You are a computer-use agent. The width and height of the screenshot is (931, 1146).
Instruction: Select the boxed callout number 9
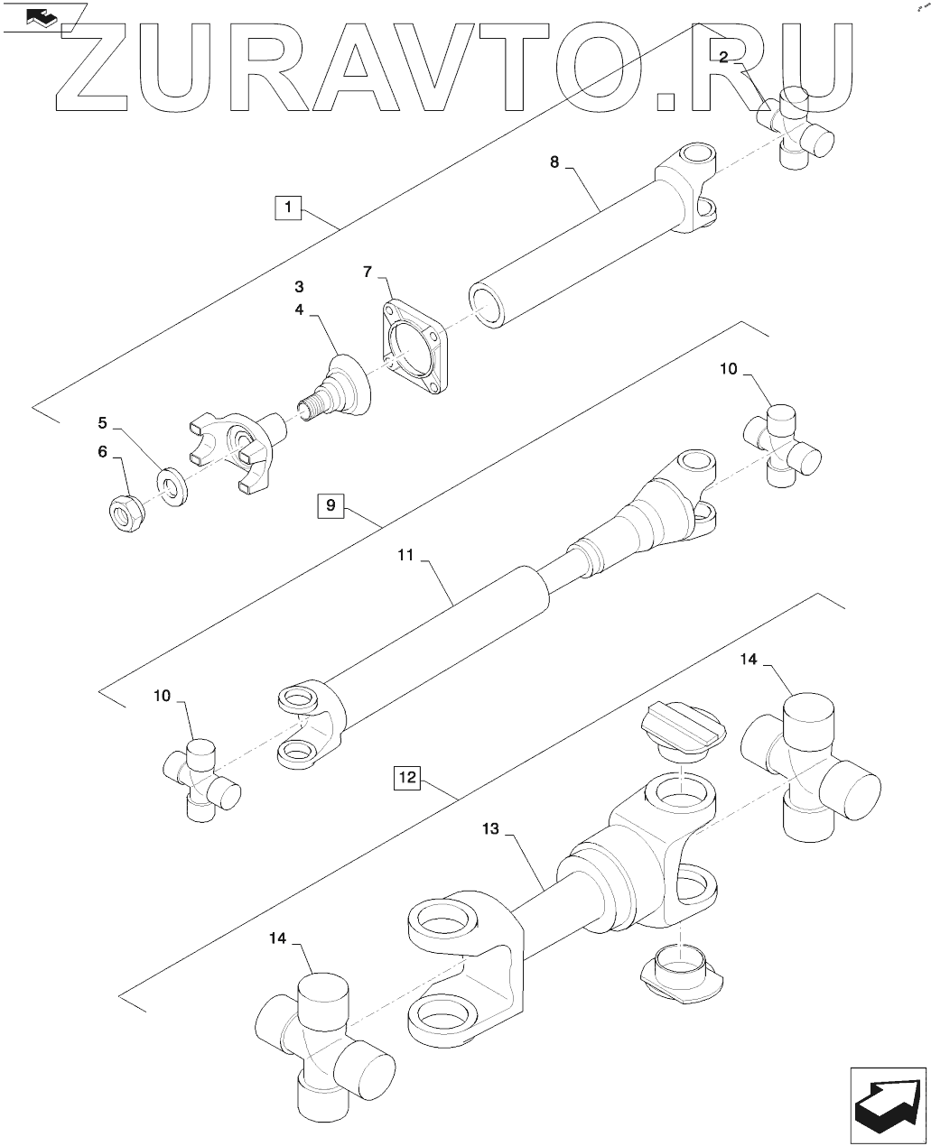point(331,506)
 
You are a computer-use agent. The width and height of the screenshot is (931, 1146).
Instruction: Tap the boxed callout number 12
point(407,777)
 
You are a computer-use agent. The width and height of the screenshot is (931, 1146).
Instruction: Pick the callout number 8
point(554,162)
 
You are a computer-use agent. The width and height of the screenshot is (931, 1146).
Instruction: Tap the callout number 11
point(404,557)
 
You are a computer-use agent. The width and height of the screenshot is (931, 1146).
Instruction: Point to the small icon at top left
point(42,18)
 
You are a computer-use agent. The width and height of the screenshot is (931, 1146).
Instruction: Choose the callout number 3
point(298,286)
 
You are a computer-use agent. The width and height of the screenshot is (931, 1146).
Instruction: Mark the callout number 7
point(368,271)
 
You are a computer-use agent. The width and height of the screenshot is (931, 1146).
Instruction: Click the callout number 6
point(102,451)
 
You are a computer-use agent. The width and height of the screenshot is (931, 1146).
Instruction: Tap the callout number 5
point(102,422)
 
